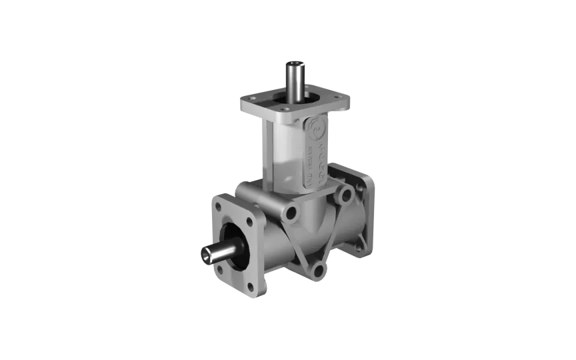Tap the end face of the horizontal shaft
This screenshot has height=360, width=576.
click(x=203, y=254)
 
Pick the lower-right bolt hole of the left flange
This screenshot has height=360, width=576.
click(x=251, y=287)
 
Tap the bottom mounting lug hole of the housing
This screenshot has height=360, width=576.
click(x=318, y=269)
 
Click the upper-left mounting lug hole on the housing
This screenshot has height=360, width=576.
click(x=291, y=214)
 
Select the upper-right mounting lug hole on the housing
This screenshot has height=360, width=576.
click(x=345, y=196)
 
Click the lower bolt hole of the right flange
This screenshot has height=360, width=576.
click(x=359, y=246)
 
